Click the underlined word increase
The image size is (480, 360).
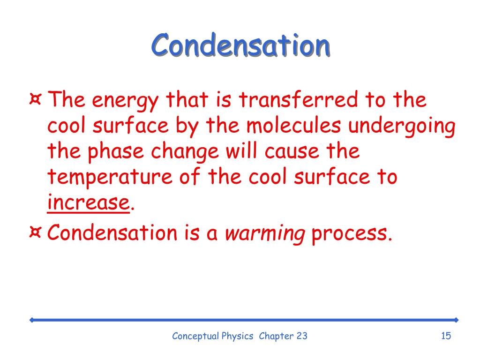(88, 203)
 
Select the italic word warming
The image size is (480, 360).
(265, 233)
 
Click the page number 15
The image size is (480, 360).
(445, 336)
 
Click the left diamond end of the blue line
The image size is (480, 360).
(31, 320)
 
